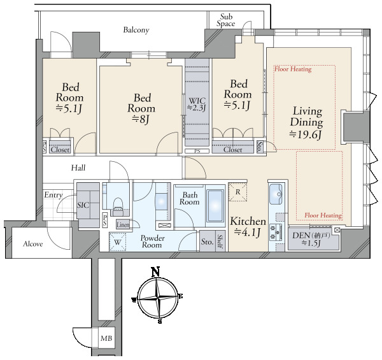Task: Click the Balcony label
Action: [136, 30]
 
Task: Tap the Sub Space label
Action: [226, 20]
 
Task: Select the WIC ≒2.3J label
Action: [197, 104]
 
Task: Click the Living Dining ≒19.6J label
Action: [306, 123]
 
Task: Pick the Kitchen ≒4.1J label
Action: [248, 227]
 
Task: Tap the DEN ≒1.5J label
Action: [311, 239]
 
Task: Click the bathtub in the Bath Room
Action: [215, 205]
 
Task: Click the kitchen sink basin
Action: [276, 194]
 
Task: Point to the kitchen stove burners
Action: [273, 232]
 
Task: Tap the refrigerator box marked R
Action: [237, 192]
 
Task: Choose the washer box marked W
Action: [117, 242]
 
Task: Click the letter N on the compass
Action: [155, 272]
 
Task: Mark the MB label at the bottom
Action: [106, 338]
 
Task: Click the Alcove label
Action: [33, 244]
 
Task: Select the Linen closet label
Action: [123, 225]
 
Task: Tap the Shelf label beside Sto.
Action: [220, 241]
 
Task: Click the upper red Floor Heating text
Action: [293, 69]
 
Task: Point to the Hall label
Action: [78, 168]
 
